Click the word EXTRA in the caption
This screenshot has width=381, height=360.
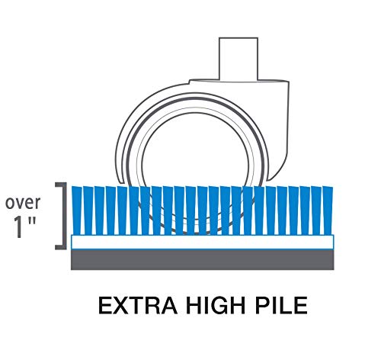tap(138, 305)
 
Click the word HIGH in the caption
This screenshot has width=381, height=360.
tap(216, 305)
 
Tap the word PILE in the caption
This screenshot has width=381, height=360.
tap(281, 305)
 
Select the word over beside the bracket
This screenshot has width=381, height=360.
tap(23, 203)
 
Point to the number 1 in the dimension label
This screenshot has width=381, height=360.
tap(18, 227)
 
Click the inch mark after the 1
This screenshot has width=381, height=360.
tap(32, 221)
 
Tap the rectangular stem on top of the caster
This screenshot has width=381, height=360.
tap(239, 59)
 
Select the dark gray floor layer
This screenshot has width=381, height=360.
tap(203, 259)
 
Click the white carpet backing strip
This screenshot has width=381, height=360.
tap(203, 242)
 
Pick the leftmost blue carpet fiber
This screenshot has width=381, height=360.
tap(77, 211)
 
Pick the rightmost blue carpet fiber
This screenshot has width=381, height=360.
tap(328, 211)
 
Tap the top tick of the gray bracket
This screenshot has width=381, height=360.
tap(61, 184)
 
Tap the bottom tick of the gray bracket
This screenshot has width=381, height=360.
tap(61, 248)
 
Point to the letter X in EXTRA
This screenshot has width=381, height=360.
tap(120, 305)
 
